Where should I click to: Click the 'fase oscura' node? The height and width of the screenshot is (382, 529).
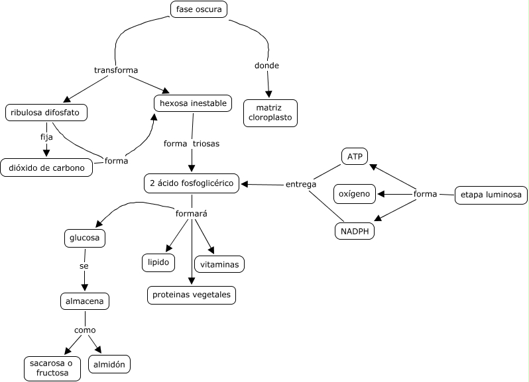pyautogui.click(x=199, y=9)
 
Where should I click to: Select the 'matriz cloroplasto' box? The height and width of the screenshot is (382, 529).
pyautogui.click(x=270, y=113)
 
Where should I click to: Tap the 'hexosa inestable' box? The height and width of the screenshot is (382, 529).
pyautogui.click(x=193, y=103)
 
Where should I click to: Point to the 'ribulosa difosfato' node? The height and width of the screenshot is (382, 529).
pyautogui.click(x=46, y=113)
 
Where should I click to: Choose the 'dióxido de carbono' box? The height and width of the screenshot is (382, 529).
pyautogui.click(x=46, y=167)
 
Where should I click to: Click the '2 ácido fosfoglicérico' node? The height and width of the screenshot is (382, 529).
pyautogui.click(x=192, y=183)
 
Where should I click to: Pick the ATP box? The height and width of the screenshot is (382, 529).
pyautogui.click(x=353, y=156)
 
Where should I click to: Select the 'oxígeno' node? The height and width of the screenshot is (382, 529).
pyautogui.click(x=355, y=194)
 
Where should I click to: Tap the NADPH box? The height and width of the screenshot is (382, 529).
pyautogui.click(x=355, y=232)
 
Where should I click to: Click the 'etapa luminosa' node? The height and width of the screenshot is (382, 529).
pyautogui.click(x=491, y=195)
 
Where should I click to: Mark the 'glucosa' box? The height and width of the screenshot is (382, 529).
pyautogui.click(x=85, y=238)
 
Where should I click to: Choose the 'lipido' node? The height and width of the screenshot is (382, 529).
pyautogui.click(x=158, y=262)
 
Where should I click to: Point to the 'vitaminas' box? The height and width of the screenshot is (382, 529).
pyautogui.click(x=219, y=263)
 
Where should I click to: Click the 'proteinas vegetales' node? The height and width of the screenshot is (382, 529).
pyautogui.click(x=192, y=295)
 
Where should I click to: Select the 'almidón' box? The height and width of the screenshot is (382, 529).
pyautogui.click(x=109, y=363)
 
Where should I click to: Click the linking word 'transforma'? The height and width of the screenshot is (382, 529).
pyautogui.click(x=116, y=70)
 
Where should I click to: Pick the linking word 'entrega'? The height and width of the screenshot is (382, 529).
pyautogui.click(x=301, y=184)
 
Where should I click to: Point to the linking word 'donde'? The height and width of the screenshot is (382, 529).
pyautogui.click(x=267, y=66)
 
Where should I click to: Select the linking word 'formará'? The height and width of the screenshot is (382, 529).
pyautogui.click(x=192, y=214)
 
